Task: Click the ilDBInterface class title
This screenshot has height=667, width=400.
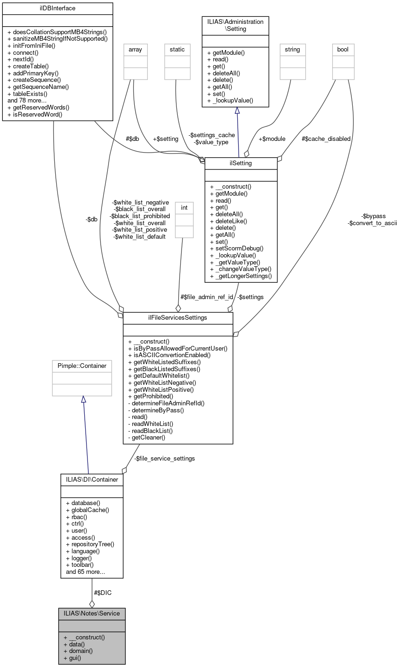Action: coord(58,8)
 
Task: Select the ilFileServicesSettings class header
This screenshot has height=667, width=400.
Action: coord(178,317)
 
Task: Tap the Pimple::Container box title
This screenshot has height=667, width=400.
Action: coord(82,366)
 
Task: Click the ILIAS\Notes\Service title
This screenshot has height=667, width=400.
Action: coord(92,613)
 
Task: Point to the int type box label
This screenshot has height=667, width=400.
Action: coord(184,206)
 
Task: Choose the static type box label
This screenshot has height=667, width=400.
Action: coord(177,49)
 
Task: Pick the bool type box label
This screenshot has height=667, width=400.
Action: coord(343,49)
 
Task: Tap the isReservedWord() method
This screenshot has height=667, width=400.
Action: coord(35,114)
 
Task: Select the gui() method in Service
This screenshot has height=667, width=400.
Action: coord(75,658)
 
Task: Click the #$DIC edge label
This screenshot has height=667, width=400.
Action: coord(102,593)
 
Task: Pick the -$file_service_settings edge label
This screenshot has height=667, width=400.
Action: coord(164,458)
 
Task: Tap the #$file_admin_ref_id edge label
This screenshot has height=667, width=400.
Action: coord(207,297)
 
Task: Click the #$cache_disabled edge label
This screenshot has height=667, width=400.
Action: coord(326,139)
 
